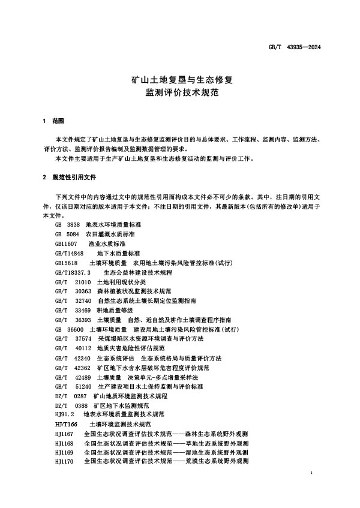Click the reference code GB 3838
point(67,223)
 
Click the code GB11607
point(66,244)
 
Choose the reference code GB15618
point(66,263)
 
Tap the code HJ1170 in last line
point(63,462)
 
